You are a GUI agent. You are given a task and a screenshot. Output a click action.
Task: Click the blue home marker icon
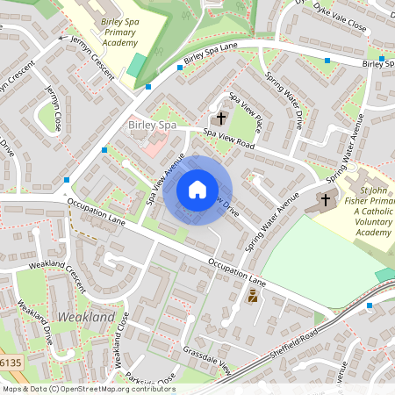tap(197, 189)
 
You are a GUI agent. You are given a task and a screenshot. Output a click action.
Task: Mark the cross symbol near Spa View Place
tap(220, 117)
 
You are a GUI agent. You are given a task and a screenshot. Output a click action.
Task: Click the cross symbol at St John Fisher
tap(326, 200)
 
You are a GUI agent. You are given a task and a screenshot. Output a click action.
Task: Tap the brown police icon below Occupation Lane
tap(253, 298)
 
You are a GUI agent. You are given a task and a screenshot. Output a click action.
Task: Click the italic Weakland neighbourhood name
tap(85, 316)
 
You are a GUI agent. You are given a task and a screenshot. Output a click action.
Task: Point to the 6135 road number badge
tap(10, 361)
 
